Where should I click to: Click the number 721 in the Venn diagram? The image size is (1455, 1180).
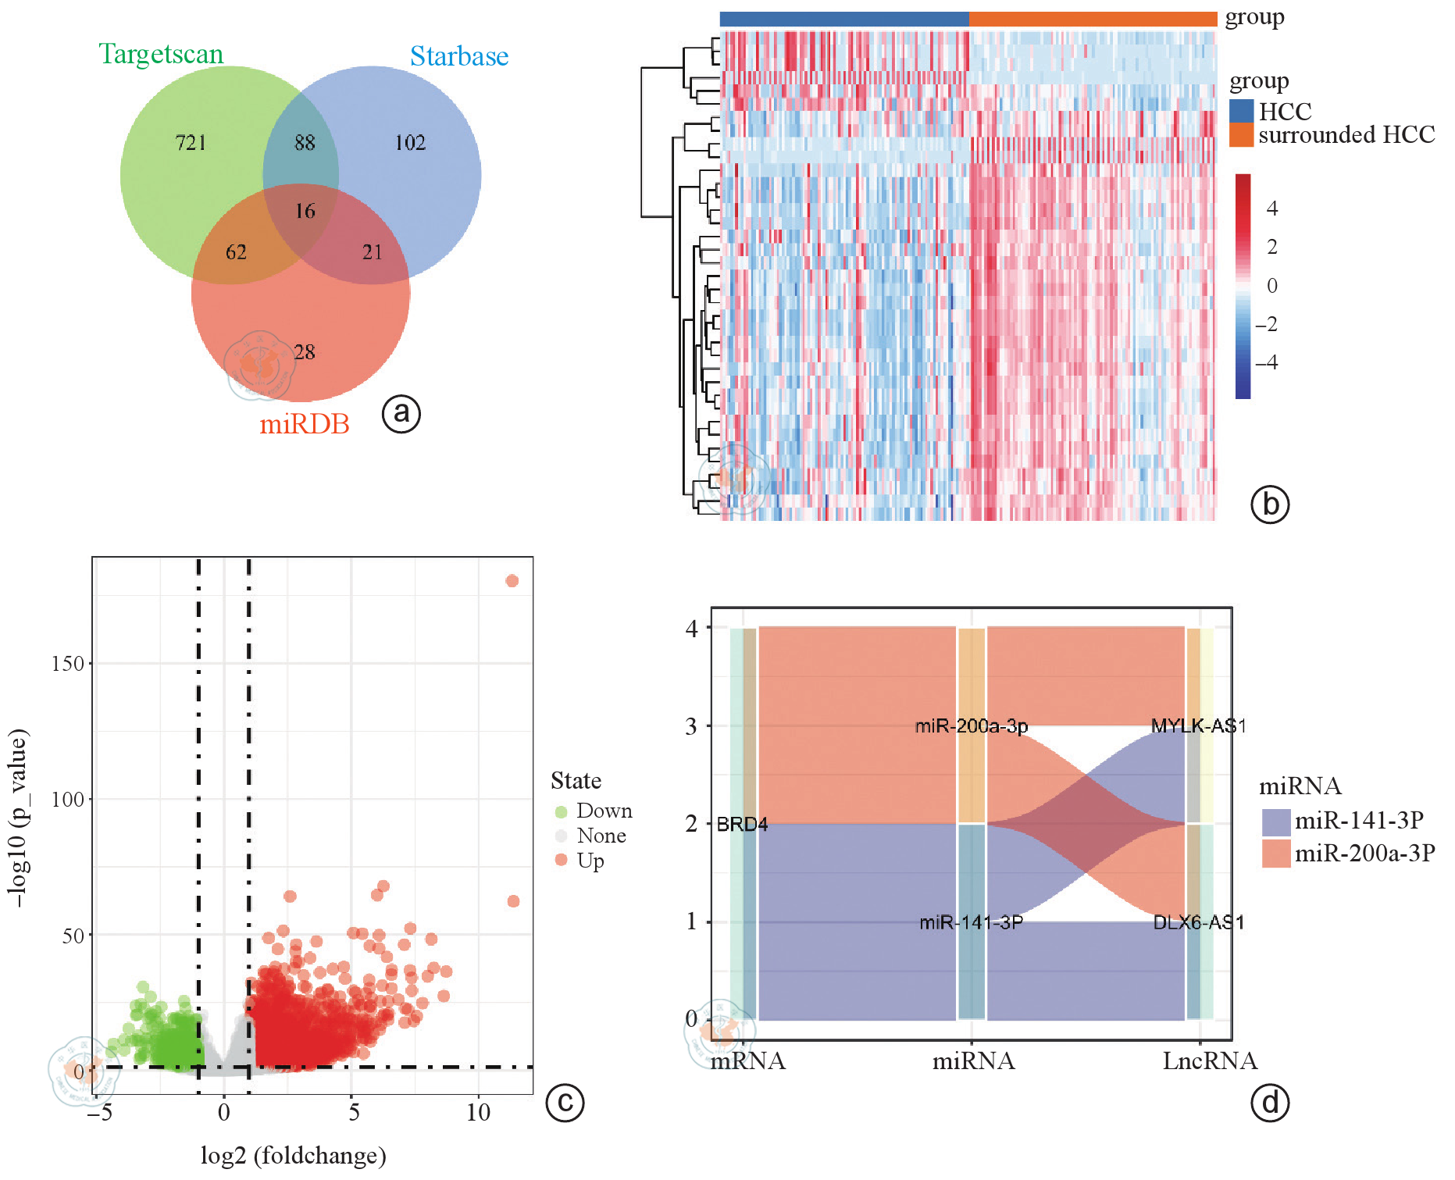tap(191, 143)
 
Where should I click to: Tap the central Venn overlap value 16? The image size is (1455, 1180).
tap(305, 211)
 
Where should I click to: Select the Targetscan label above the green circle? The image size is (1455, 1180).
tap(161, 54)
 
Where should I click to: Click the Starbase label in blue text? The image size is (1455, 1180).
tap(459, 56)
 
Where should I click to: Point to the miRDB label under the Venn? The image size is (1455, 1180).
tap(304, 424)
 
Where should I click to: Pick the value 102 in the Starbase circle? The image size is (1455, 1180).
tap(410, 143)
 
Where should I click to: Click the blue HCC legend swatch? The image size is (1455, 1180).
tap(1241, 111)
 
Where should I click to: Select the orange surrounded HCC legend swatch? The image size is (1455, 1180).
tap(1241, 135)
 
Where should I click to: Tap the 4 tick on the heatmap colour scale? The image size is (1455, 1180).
tap(1272, 209)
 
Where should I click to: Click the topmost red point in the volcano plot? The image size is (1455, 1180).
tap(512, 580)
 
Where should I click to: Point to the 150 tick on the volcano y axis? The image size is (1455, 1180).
tap(68, 664)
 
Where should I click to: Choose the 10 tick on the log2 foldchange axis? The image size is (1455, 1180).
tap(478, 1113)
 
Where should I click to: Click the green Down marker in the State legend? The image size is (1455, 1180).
tap(561, 811)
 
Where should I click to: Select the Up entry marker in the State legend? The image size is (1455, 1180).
tap(561, 860)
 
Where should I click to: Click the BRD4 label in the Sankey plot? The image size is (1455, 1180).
tap(742, 824)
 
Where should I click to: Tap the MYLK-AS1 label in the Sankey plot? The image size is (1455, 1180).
tap(1198, 726)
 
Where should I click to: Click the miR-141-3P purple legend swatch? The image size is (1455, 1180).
tap(1275, 822)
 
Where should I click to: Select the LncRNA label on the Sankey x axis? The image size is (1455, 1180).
tap(1210, 1061)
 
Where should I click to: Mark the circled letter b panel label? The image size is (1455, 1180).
tap(1270, 504)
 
